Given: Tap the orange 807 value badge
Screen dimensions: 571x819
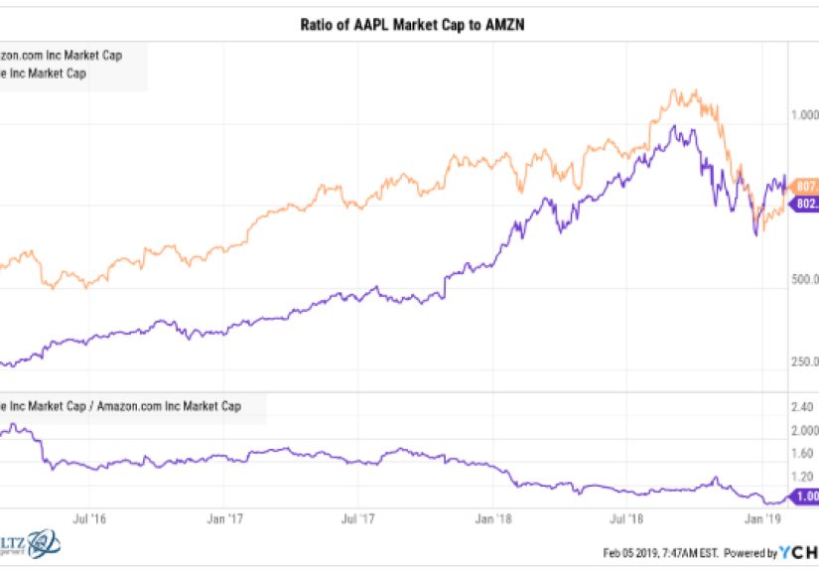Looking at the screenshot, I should tap(805, 185).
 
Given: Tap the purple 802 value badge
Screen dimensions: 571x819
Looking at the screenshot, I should tap(805, 204).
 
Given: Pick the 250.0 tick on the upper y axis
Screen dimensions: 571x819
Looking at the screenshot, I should tap(803, 362).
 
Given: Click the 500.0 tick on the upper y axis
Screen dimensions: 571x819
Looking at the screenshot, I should tap(803, 280).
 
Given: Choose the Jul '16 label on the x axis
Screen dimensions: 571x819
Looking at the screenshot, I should tap(89, 518).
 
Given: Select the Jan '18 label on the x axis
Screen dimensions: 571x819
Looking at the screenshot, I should tap(493, 518).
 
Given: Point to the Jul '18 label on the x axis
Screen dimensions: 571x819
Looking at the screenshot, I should tap(626, 518).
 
